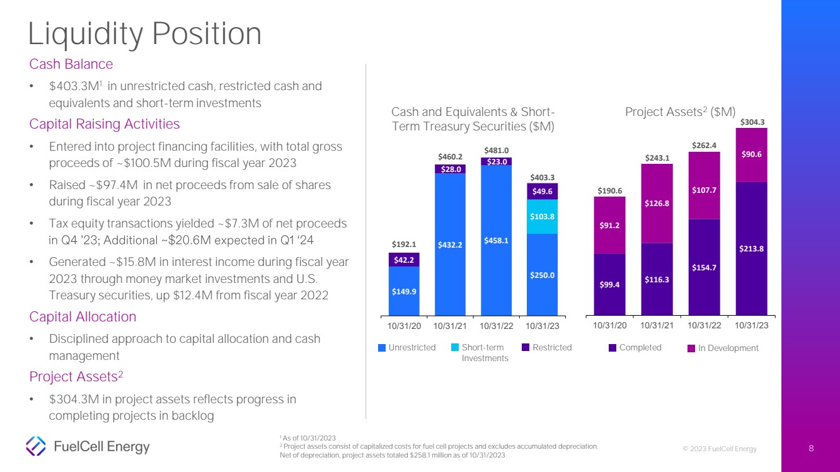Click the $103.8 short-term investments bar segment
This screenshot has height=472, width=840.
(x=542, y=216)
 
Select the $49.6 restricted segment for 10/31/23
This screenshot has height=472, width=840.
(x=542, y=192)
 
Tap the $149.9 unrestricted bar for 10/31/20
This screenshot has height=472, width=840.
(x=404, y=291)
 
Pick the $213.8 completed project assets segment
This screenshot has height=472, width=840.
(x=751, y=248)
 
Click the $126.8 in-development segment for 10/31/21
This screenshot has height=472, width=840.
(x=657, y=203)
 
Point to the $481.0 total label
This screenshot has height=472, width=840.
(x=496, y=150)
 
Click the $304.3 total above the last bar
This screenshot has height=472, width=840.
(x=751, y=122)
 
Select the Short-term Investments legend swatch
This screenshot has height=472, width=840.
(x=455, y=348)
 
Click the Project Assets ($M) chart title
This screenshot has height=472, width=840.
(x=680, y=112)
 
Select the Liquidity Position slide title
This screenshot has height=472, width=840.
(x=145, y=34)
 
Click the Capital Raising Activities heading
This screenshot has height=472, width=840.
(x=104, y=124)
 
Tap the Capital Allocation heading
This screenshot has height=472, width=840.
(x=83, y=316)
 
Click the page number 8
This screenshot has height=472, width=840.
(x=812, y=449)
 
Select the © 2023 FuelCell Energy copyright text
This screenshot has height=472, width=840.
(x=720, y=449)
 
